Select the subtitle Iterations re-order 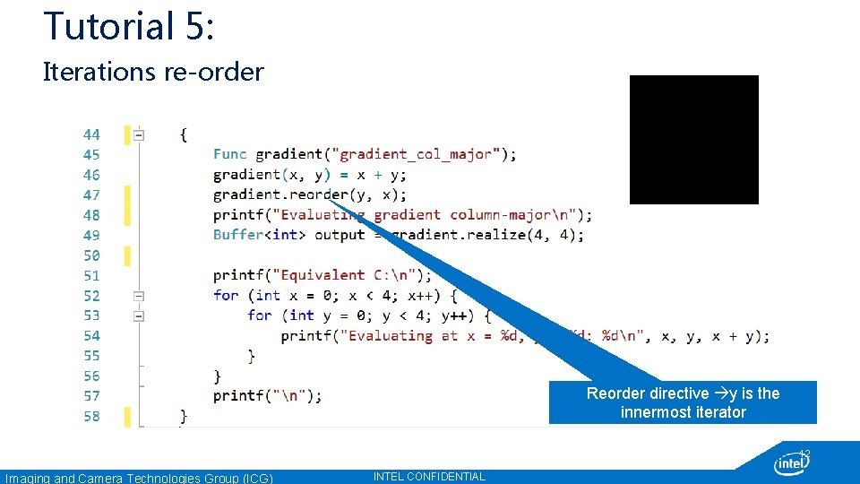point(153,72)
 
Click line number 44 point(91,134)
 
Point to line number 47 point(91,194)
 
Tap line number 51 point(91,275)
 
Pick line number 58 point(91,416)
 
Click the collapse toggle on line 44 point(139,135)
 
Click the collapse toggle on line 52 point(139,295)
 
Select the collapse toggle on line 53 point(139,315)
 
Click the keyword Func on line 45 point(230,154)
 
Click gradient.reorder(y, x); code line point(310,194)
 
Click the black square point(694,140)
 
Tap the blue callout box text point(683,402)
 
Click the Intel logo point(792,463)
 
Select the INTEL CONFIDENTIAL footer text point(429,477)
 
